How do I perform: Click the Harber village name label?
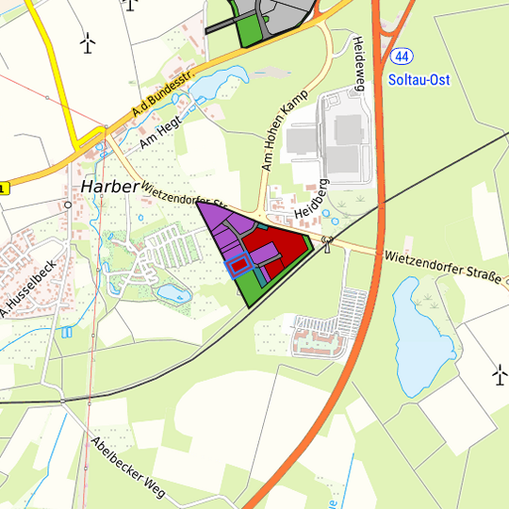(x=110, y=187)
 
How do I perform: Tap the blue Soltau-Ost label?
(x=419, y=80)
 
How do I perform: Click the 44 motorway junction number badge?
(x=402, y=57)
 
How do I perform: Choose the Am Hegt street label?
(x=157, y=134)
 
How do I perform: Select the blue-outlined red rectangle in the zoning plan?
(x=240, y=265)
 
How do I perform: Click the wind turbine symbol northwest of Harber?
(x=89, y=42)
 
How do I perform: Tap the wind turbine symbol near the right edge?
(x=499, y=375)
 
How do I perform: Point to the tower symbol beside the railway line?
(x=327, y=243)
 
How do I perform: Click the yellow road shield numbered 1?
(x=3, y=189)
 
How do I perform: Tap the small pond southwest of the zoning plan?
(x=172, y=293)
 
